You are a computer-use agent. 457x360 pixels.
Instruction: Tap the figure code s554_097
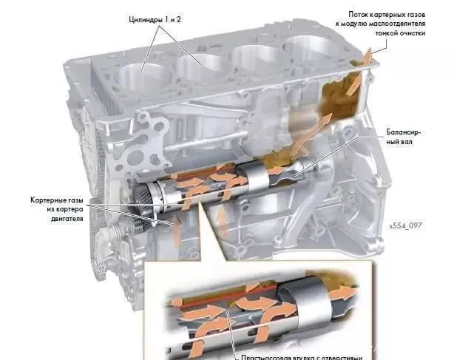click(405, 225)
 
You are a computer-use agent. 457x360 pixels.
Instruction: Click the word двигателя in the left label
click(67, 220)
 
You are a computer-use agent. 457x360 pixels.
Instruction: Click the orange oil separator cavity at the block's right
click(342, 96)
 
